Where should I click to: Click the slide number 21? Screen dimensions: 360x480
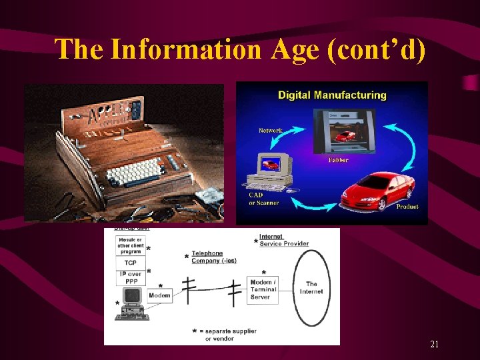pyautogui.click(x=434, y=345)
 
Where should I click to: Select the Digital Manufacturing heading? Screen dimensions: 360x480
pyautogui.click(x=332, y=95)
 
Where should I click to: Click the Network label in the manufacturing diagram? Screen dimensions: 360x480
pyautogui.click(x=270, y=131)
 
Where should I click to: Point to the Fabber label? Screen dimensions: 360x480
pyautogui.click(x=338, y=160)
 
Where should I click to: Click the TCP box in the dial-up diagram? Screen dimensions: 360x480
pyautogui.click(x=130, y=263)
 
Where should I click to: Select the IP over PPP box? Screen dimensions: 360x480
pyautogui.click(x=130, y=277)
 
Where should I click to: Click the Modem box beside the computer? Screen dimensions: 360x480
pyautogui.click(x=159, y=295)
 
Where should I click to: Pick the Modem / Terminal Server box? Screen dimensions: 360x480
pyautogui.click(x=262, y=290)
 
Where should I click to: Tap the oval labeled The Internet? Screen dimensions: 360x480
pyautogui.click(x=311, y=287)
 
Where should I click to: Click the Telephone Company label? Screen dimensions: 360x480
pyautogui.click(x=213, y=257)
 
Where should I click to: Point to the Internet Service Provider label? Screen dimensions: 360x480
pyautogui.click(x=283, y=240)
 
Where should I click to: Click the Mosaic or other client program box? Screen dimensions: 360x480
pyautogui.click(x=130, y=245)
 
